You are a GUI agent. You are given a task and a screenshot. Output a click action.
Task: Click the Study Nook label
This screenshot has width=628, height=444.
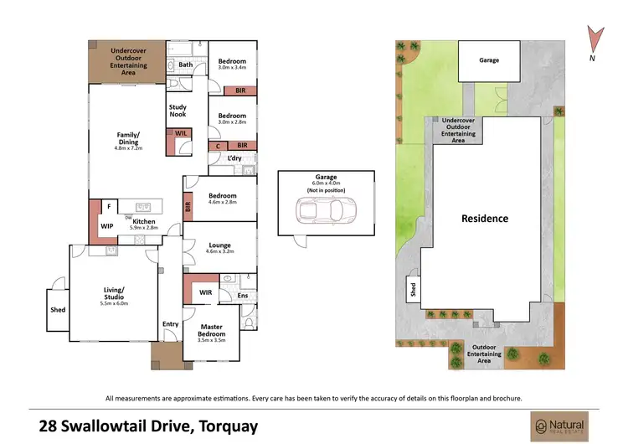(178, 111)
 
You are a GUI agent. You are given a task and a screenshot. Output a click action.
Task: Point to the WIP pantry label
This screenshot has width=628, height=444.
(106, 226)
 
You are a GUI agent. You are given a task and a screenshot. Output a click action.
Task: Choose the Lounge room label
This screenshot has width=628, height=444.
(220, 245)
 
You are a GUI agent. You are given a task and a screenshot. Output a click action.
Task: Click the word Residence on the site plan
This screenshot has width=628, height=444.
(485, 219)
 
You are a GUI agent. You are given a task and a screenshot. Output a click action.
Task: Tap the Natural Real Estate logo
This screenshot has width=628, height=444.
(559, 425)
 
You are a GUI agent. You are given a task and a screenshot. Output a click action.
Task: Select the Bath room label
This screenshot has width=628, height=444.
(186, 65)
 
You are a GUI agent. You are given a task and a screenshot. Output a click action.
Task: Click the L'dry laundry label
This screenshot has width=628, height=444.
(234, 157)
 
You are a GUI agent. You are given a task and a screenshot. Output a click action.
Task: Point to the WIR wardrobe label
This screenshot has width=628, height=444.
(205, 292)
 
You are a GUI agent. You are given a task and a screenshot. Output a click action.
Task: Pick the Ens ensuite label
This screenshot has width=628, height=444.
(243, 295)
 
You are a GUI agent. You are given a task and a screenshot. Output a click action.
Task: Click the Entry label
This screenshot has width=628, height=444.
(171, 324)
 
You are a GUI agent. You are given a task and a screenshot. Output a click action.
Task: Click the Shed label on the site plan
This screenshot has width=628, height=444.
(413, 290)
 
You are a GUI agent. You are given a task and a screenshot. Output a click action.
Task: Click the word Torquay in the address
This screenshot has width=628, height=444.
(228, 426)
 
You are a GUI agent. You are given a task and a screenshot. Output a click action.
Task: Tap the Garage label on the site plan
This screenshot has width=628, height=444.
(490, 60)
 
